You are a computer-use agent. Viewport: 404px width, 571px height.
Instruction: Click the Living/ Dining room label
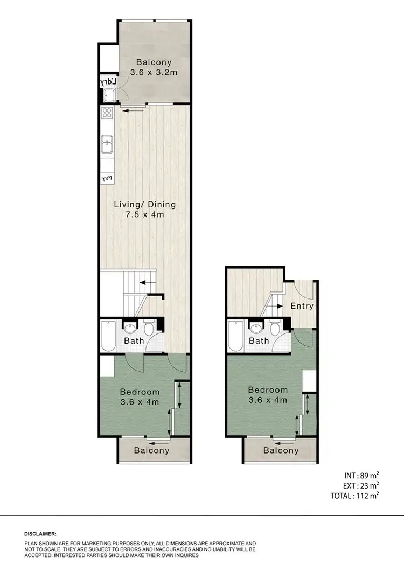pyautogui.click(x=144, y=205)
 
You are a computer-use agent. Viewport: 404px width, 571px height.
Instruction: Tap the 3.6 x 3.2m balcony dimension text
pyautogui.click(x=155, y=72)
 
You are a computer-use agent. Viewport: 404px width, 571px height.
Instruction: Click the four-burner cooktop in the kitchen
pyautogui.click(x=107, y=113)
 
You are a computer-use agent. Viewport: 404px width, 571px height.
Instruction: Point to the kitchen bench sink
pyautogui.click(x=107, y=143)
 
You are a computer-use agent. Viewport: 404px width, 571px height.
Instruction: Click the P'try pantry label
pyautogui.click(x=107, y=178)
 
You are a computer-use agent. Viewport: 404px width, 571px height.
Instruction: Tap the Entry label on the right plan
pyautogui.click(x=302, y=306)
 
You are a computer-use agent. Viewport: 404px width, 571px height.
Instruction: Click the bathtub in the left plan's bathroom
pyautogui.click(x=108, y=336)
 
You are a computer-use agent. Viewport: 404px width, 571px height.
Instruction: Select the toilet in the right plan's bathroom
pyautogui.click(x=275, y=329)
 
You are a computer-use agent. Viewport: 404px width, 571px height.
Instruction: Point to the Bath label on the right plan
pyautogui.click(x=259, y=341)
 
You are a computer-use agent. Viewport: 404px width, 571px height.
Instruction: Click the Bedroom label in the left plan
pyautogui.click(x=140, y=392)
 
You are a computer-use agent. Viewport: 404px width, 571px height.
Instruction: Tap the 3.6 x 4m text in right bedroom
pyautogui.click(x=268, y=400)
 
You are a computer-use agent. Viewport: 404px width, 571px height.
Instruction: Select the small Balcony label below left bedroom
pyautogui.click(x=151, y=450)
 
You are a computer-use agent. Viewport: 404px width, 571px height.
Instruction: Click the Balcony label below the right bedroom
pyautogui.click(x=281, y=450)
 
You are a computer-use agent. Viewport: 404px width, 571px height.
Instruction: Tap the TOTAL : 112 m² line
pyautogui.click(x=354, y=496)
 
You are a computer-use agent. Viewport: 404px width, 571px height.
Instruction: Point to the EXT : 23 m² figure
pyautogui.click(x=360, y=486)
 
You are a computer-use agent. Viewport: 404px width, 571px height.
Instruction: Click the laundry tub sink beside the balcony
pyautogui.click(x=109, y=96)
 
